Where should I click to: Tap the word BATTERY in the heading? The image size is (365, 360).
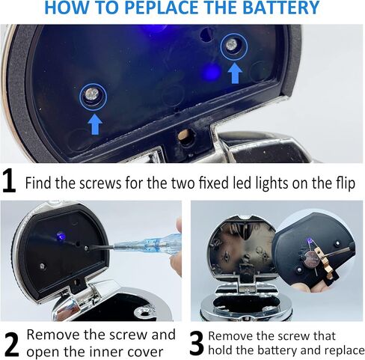[280, 7]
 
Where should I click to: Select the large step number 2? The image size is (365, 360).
[11, 344]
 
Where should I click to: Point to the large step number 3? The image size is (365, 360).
[197, 343]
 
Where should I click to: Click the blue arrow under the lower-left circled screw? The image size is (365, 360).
[95, 124]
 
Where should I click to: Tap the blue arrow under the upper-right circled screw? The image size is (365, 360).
[235, 73]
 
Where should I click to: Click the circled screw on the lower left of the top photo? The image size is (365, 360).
[93, 97]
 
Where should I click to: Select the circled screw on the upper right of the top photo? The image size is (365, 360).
[234, 47]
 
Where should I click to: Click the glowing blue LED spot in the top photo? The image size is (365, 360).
[212, 72]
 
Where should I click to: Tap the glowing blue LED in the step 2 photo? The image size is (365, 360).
[61, 235]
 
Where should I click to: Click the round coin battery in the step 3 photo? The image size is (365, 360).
[310, 258]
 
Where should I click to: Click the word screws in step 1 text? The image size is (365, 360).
[100, 183]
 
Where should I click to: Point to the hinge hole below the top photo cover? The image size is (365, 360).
[185, 135]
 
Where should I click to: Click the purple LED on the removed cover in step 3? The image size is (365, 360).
[308, 241]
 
